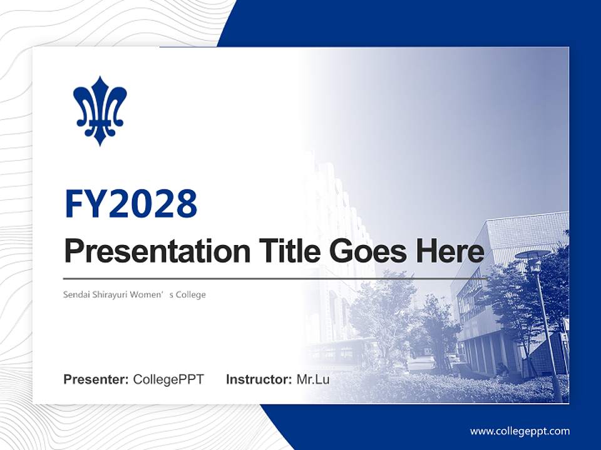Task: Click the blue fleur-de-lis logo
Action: [x=100, y=111]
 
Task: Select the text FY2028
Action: [x=131, y=203]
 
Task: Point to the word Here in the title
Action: [x=449, y=251]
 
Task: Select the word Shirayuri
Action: [x=108, y=294]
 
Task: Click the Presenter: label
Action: [x=96, y=379]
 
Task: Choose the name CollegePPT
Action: [x=168, y=379]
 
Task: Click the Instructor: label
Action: [x=259, y=379]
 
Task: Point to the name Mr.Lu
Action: [x=313, y=379]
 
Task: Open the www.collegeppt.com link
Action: [x=520, y=431]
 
